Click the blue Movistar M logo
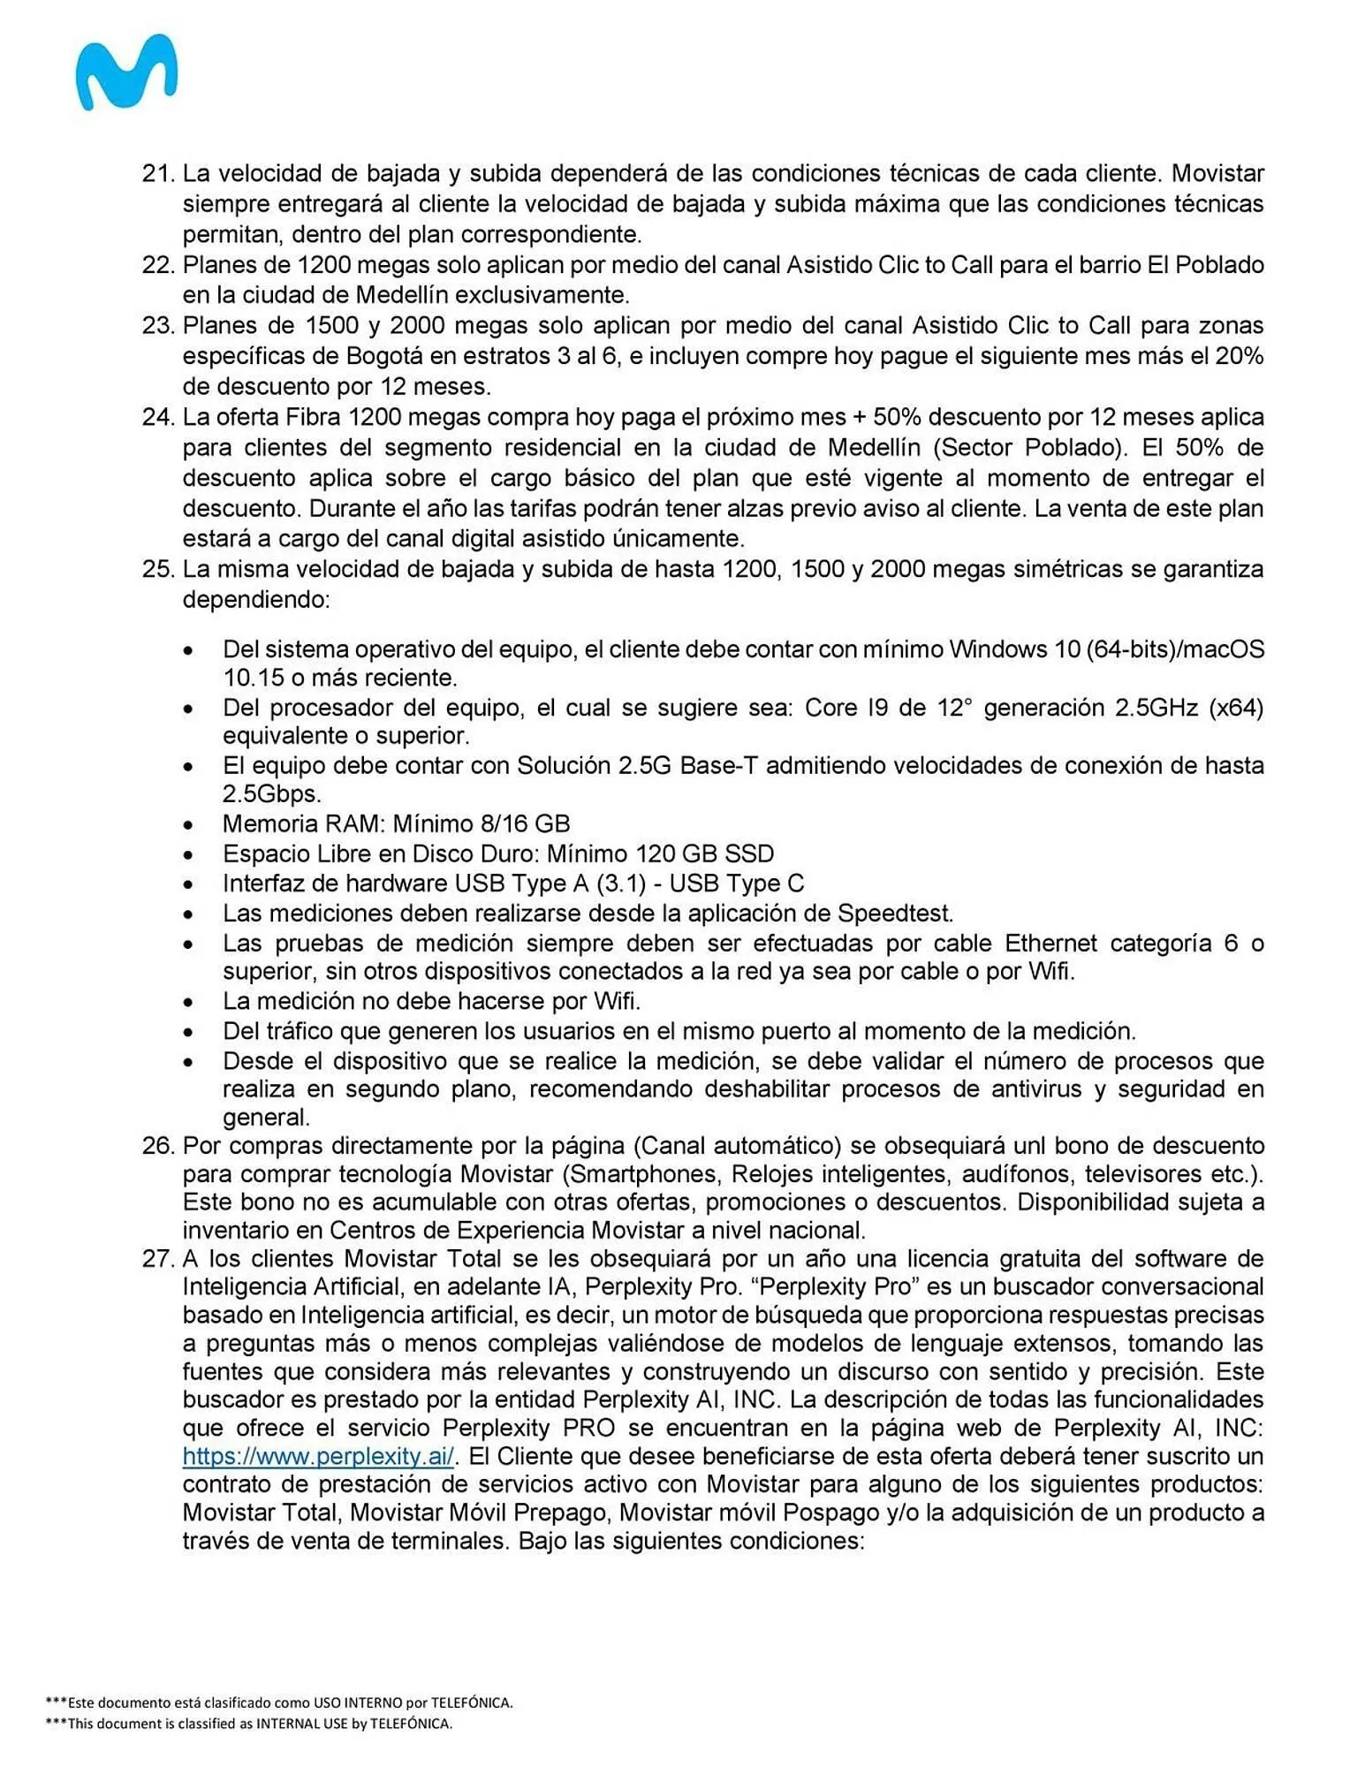(126, 72)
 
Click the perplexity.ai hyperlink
(318, 1456)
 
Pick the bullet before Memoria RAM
(189, 825)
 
